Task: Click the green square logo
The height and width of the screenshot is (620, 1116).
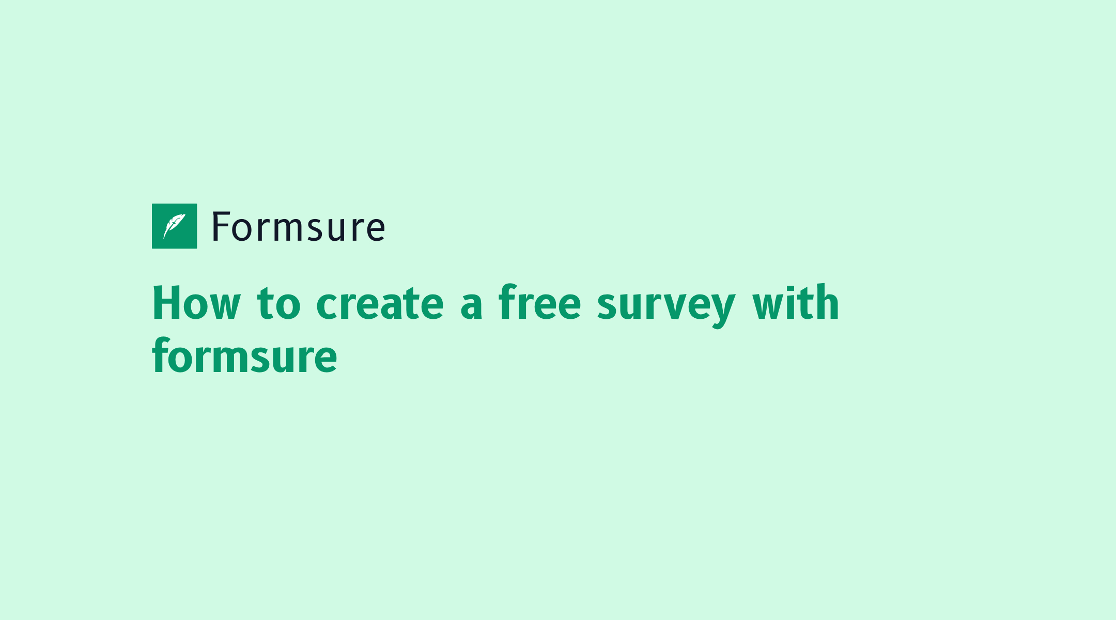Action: pos(174,226)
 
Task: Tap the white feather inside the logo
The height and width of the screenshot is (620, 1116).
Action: pos(174,226)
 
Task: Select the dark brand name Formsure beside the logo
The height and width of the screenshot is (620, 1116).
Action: pos(299,227)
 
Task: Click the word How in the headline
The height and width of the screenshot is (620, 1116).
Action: pos(197,303)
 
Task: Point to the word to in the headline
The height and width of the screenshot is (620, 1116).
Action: pos(279,303)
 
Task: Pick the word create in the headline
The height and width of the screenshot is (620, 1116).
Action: pos(380,303)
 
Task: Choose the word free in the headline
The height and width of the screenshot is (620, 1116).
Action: pos(540,302)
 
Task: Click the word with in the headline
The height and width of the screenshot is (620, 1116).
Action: pos(796,302)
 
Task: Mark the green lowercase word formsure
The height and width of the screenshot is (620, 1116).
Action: pos(244,355)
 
